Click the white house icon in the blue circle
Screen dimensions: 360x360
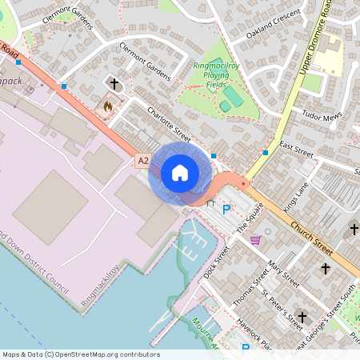[179, 173]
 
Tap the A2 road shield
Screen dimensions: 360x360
[143, 161]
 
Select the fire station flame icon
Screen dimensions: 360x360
[108, 105]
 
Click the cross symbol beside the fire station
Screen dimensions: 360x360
[114, 83]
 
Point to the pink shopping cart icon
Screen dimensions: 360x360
[255, 239]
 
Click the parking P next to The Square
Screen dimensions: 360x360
[226, 210]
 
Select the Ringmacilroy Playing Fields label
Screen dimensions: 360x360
[218, 76]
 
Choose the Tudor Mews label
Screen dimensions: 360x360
[321, 115]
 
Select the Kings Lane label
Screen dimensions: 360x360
[295, 197]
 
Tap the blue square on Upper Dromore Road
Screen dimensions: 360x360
[266, 152]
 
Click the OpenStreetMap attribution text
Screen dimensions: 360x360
[80, 354]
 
